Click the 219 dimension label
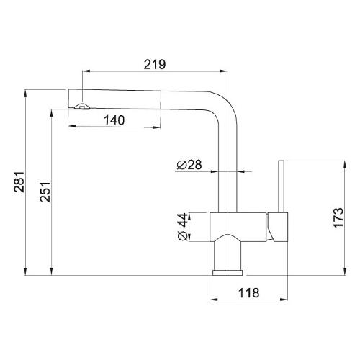[x=155, y=64]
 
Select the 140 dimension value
[x=114, y=120]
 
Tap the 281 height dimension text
[x=19, y=181]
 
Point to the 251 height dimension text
[x=45, y=192]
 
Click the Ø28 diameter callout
[x=189, y=165]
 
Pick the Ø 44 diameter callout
[x=183, y=227]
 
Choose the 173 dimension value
[x=339, y=218]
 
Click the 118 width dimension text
[x=248, y=293]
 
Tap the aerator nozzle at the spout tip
[x=82, y=107]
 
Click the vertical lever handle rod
[x=281, y=186]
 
